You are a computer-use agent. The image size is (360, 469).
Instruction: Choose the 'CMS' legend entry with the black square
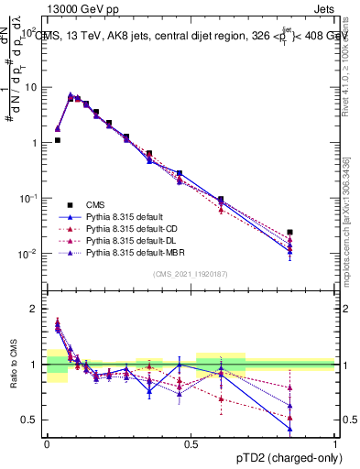point(96,204)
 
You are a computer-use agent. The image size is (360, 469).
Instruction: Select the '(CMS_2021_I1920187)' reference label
point(191,273)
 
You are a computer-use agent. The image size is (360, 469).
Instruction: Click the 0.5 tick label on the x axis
point(191,442)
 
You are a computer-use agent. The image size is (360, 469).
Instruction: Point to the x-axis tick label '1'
point(335,442)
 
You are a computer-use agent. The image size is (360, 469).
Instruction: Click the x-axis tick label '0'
point(47,442)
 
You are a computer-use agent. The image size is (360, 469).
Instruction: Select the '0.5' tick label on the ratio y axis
point(30,420)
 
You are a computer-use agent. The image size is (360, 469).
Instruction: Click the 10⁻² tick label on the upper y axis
point(27,254)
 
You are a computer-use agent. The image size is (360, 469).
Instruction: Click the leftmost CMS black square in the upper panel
point(58,140)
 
